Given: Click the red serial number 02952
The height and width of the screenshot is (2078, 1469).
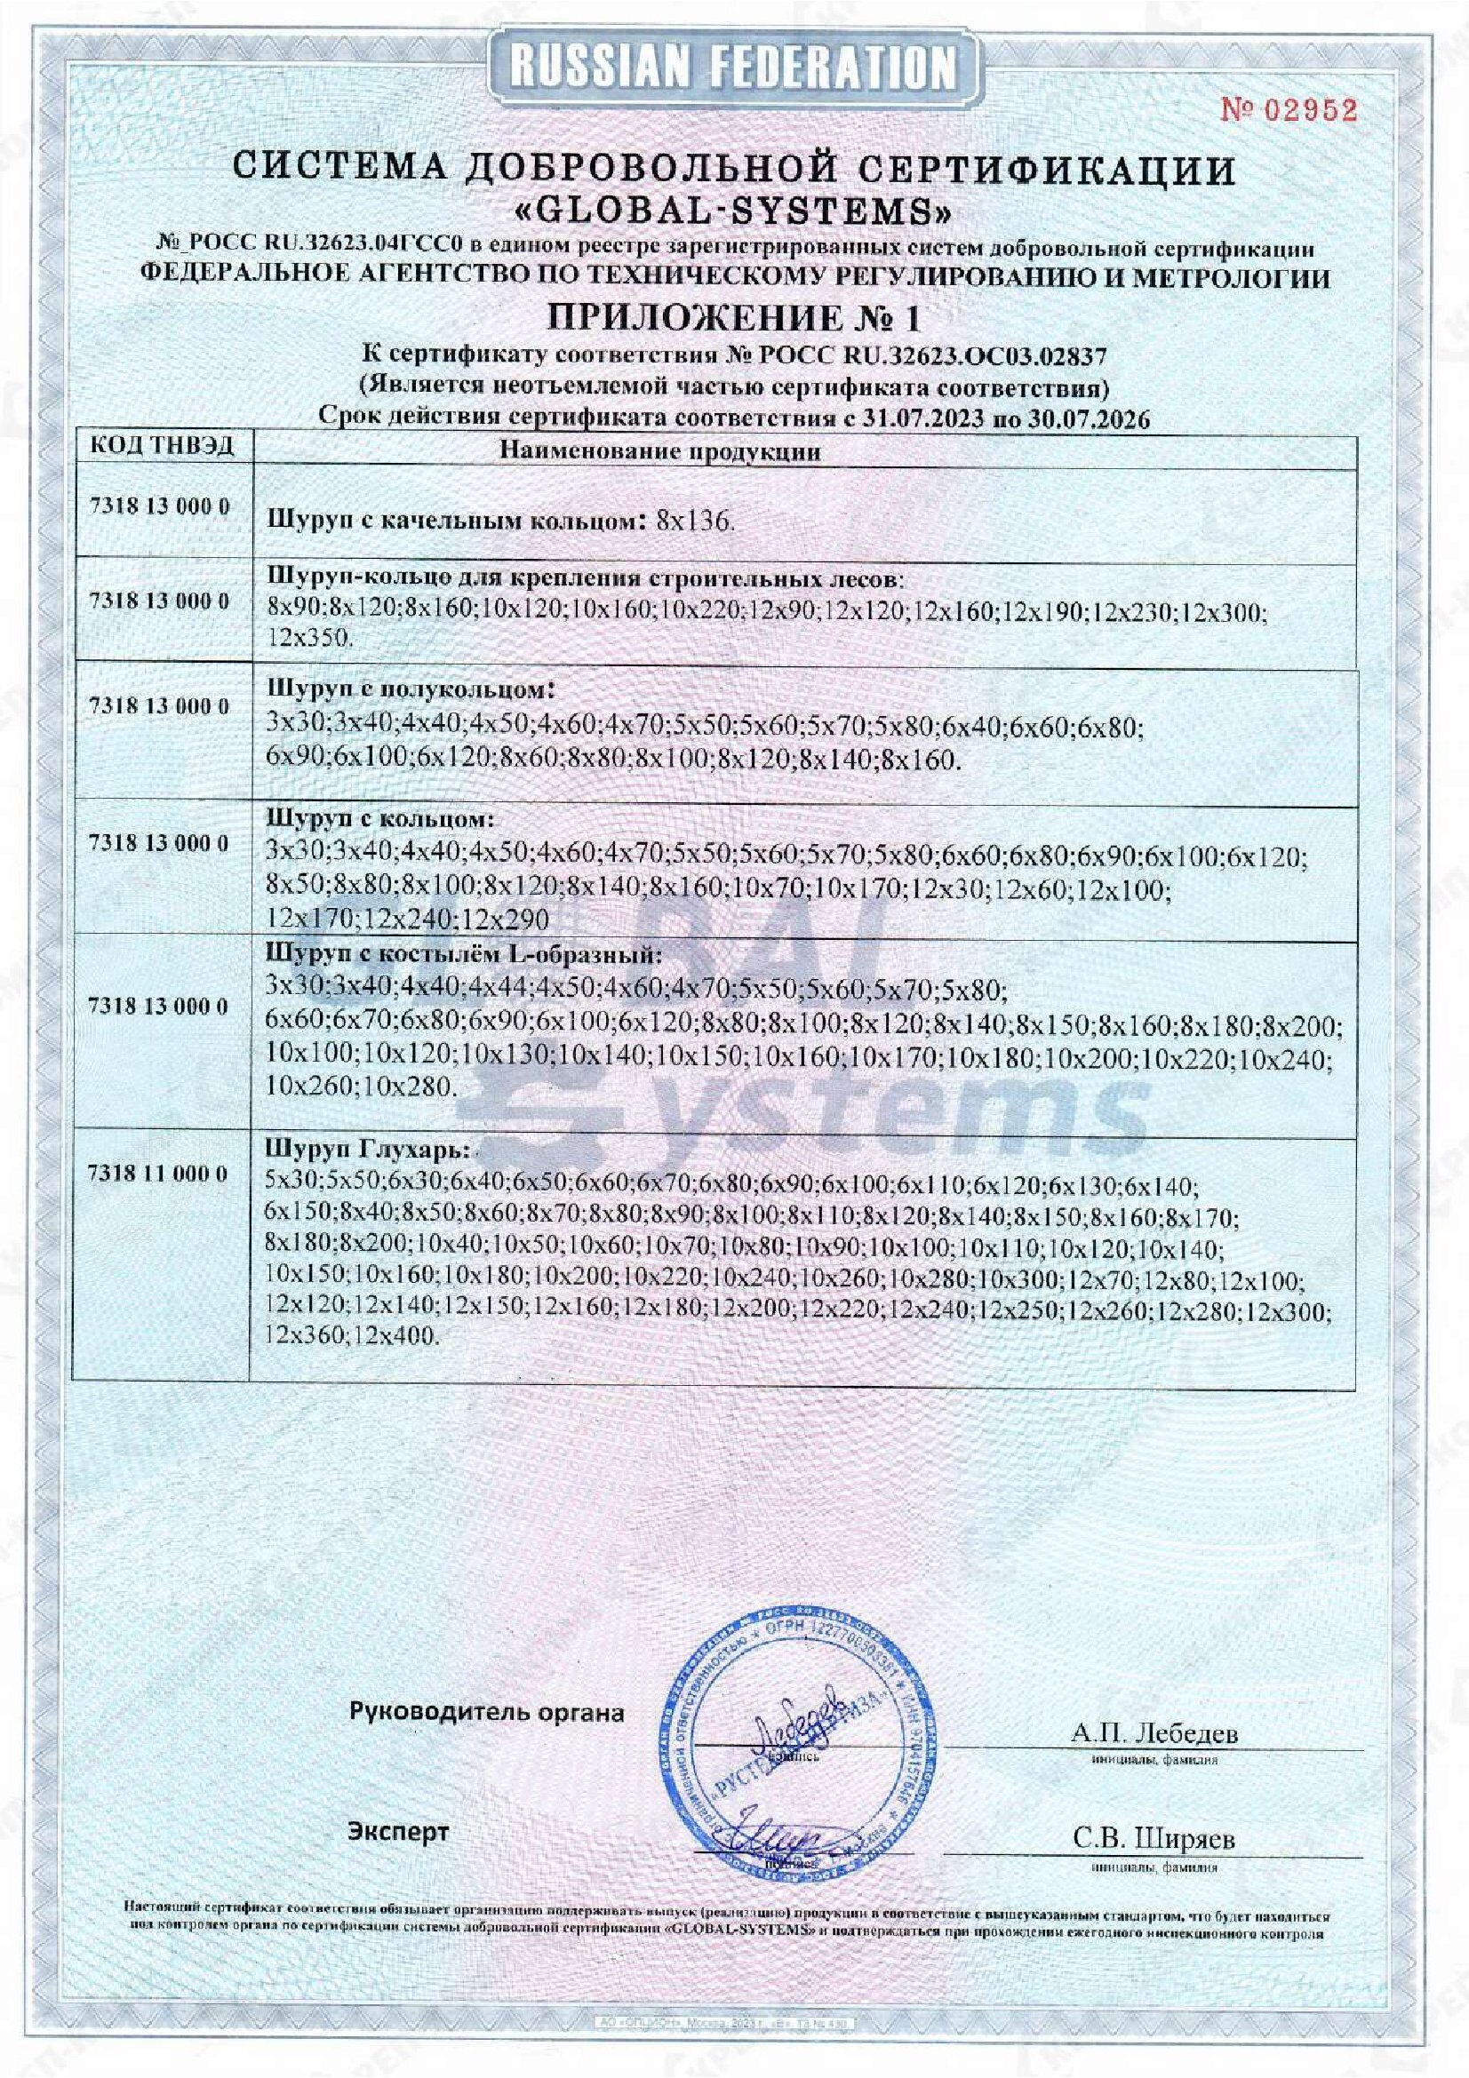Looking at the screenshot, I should pos(1289,111).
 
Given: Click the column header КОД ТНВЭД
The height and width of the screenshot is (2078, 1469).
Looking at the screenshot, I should pos(162,446).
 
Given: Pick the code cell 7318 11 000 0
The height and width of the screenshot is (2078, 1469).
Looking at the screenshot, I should pos(159,1173).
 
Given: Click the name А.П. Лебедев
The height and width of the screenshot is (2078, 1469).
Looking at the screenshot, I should pos(1154,1733).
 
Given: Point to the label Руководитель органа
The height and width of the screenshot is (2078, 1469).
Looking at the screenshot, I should pos(487,1712).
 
